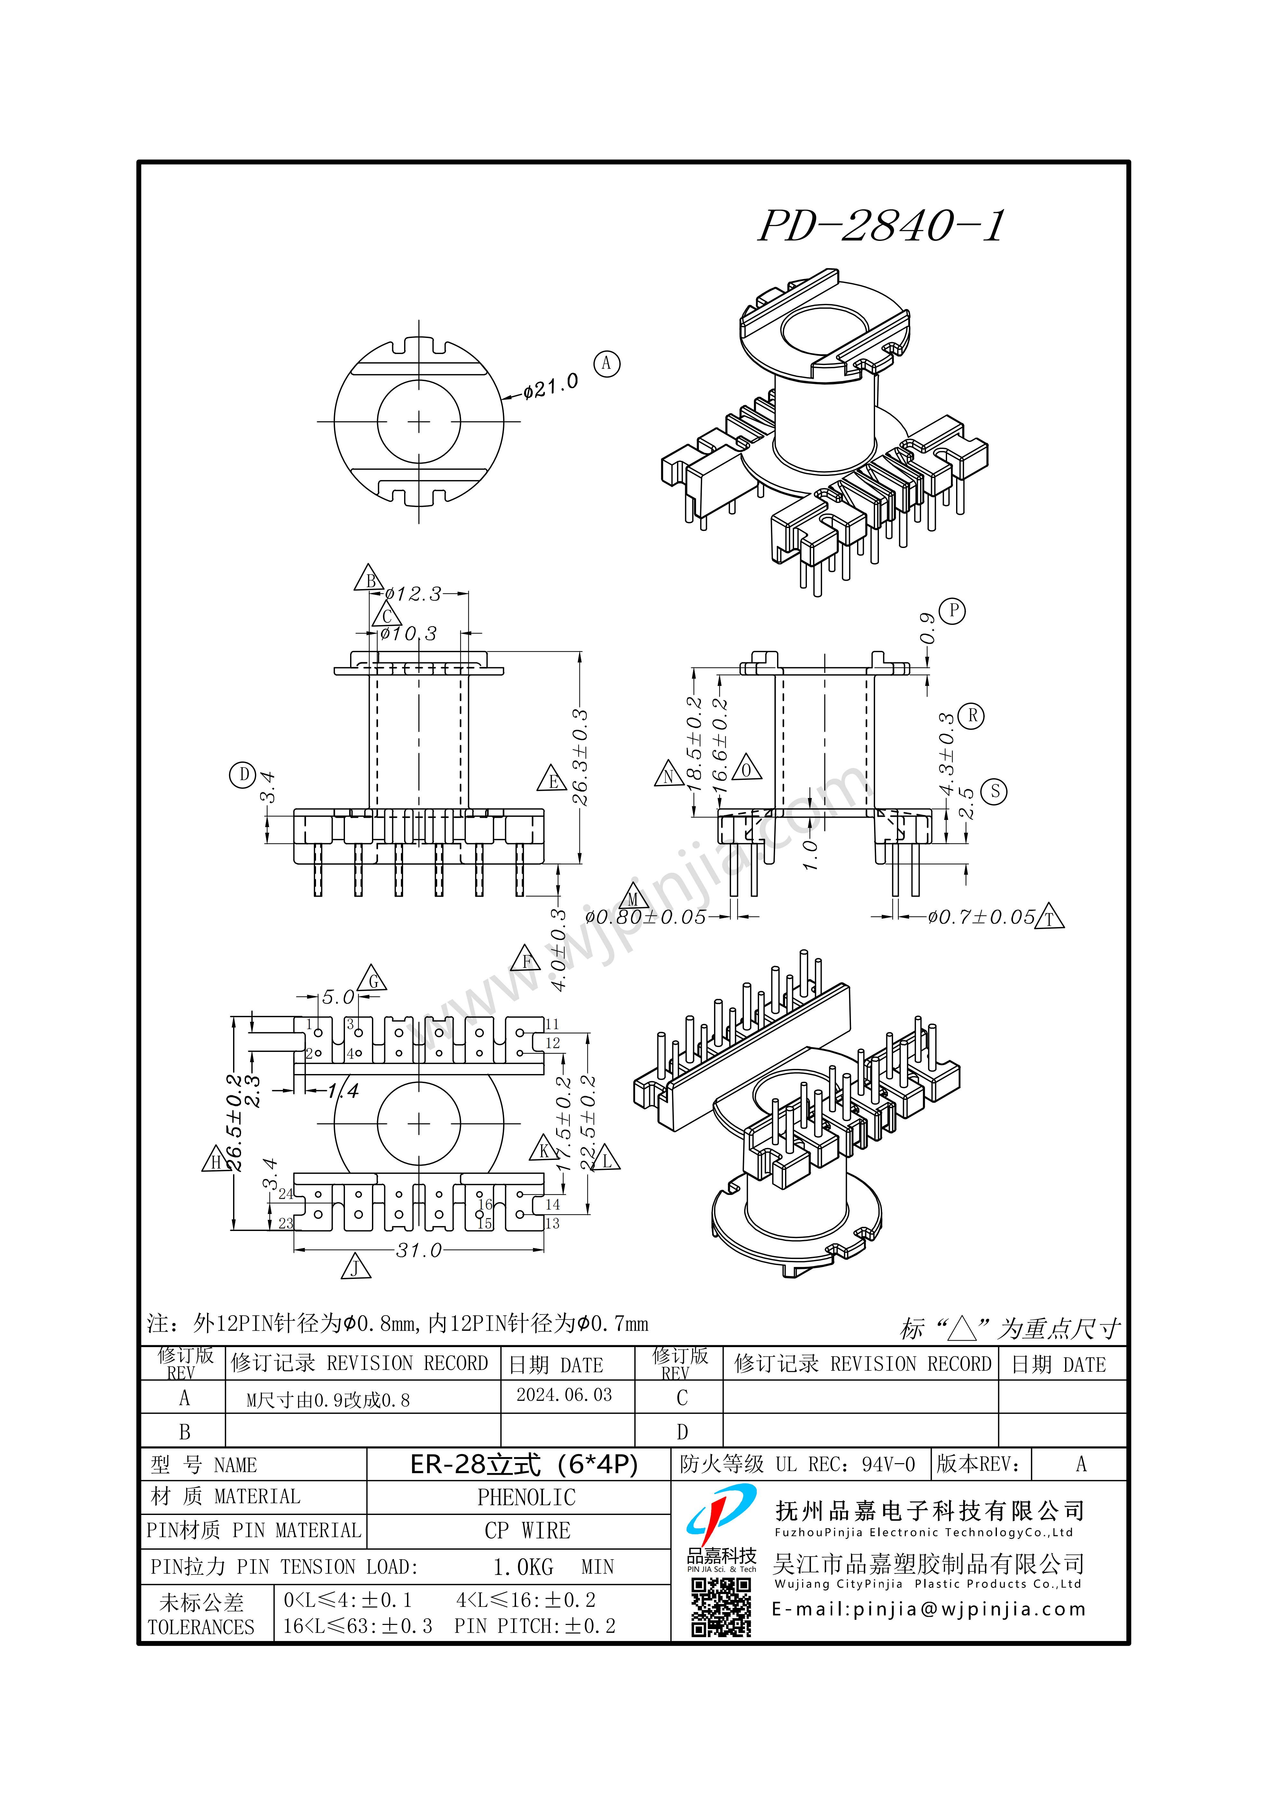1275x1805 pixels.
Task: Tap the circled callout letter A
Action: pos(606,364)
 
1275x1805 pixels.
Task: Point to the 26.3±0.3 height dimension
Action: pos(580,757)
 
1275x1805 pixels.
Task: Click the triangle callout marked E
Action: pos(553,779)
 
